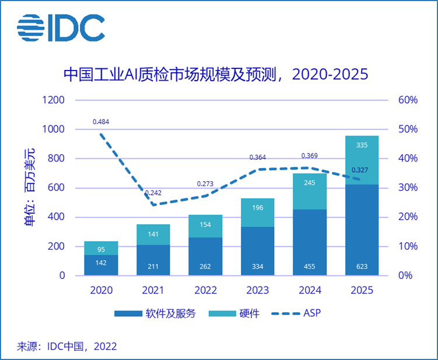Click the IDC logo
tap(61, 27)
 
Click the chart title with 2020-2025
tap(216, 75)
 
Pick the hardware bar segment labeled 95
tap(101, 248)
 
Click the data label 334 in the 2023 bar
tap(257, 267)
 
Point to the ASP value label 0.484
tap(101, 122)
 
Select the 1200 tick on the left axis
tap(53, 100)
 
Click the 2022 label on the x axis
tap(205, 290)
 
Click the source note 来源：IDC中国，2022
tap(66, 346)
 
